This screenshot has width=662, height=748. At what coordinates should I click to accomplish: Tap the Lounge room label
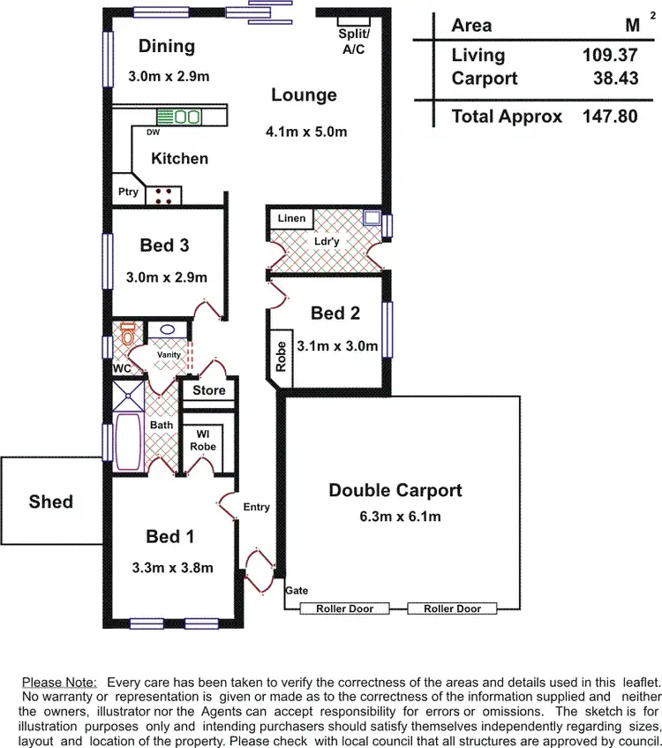304,95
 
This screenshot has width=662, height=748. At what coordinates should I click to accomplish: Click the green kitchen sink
185,117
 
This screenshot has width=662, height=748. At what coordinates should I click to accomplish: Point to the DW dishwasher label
153,132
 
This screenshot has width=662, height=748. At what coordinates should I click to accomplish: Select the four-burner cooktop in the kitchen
163,195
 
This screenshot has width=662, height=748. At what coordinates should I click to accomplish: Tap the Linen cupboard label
291,218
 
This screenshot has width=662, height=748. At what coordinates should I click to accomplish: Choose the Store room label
209,390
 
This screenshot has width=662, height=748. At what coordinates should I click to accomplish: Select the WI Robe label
203,440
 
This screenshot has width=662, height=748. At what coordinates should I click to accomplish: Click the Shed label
51,502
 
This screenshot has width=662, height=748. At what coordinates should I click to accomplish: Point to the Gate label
297,590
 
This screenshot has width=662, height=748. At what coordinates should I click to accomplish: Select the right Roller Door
452,608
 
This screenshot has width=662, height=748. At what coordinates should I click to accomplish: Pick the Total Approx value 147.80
610,116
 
